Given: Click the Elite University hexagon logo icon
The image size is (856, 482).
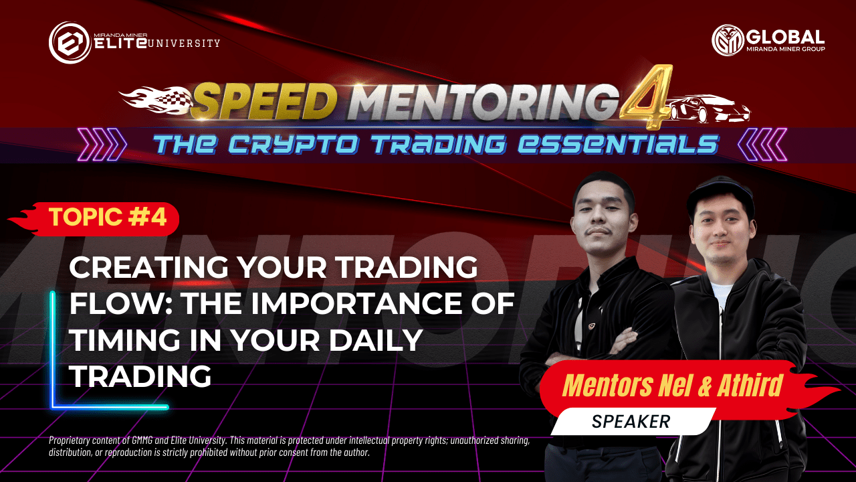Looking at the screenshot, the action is tap(70, 42).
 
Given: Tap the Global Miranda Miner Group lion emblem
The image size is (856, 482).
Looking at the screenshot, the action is tap(728, 40).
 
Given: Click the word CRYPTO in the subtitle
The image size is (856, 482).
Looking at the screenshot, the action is tap(294, 145).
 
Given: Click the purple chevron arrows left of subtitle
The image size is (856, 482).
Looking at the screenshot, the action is tap(102, 144).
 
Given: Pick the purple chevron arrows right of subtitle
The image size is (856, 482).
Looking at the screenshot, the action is tap(762, 144).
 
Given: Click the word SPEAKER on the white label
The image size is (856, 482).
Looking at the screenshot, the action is tap(631, 422).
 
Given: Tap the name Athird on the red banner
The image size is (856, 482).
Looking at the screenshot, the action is tap(750, 386).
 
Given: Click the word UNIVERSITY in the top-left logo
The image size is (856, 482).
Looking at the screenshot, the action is tap(183, 43).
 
